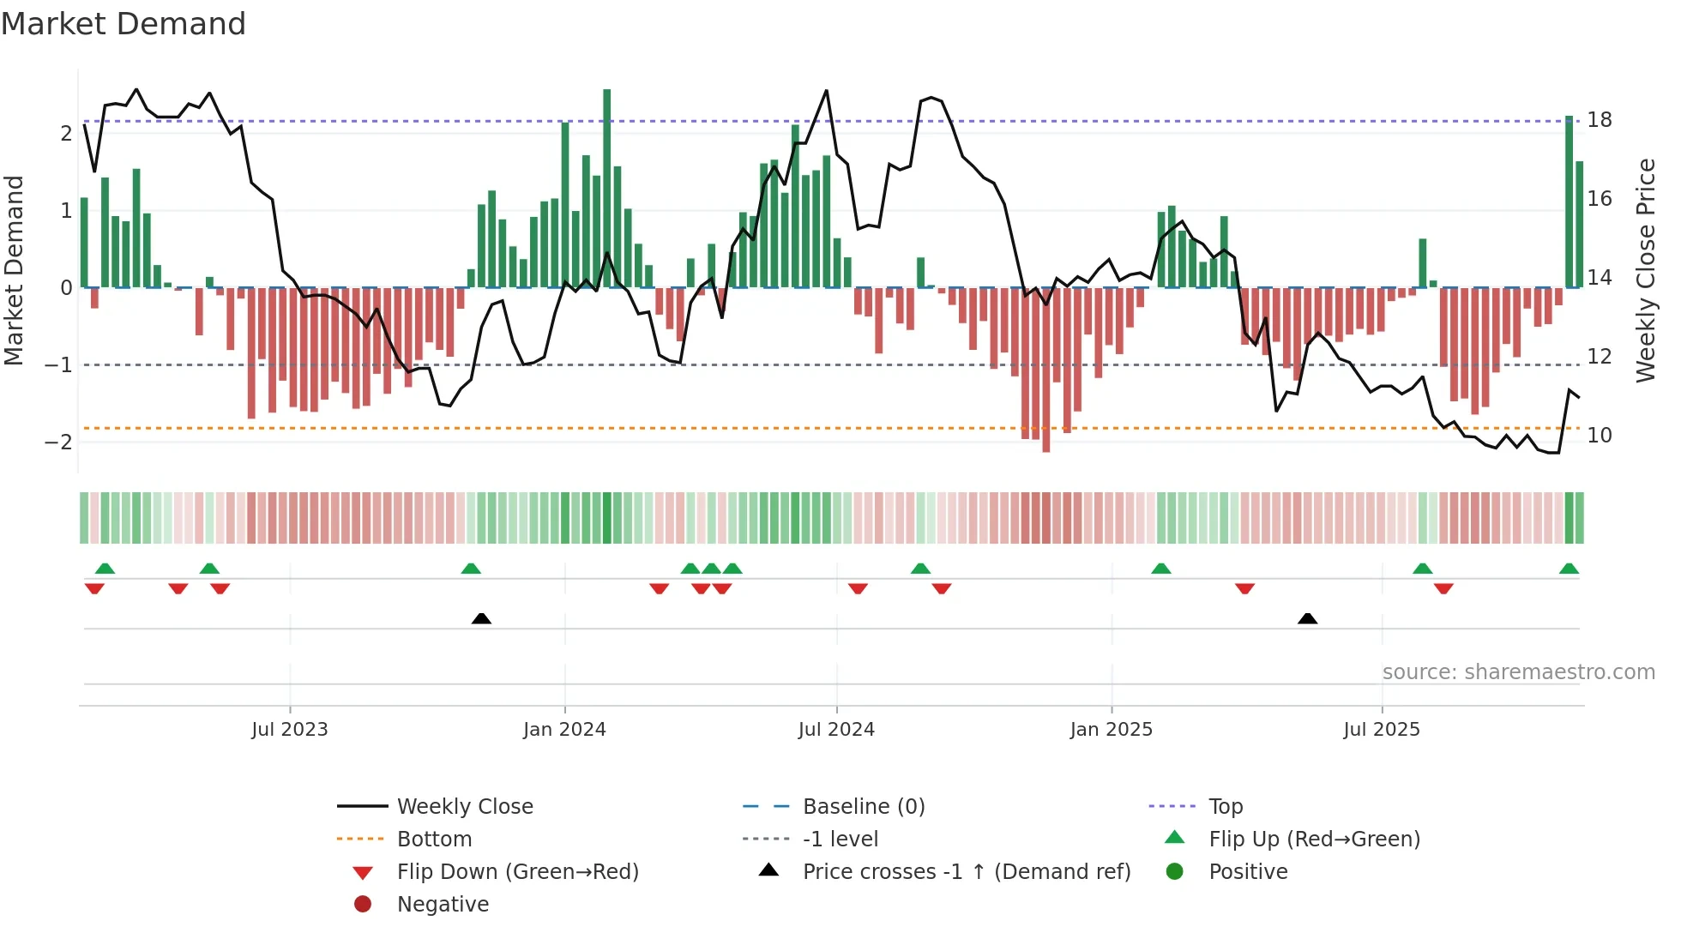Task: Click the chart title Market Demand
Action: [124, 24]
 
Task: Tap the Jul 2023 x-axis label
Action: [289, 730]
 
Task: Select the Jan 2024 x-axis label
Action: [564, 730]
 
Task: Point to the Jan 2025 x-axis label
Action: [1111, 730]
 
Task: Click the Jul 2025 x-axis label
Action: [1381, 730]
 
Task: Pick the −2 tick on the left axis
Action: [58, 442]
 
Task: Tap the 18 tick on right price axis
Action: [1599, 120]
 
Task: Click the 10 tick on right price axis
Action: [1599, 436]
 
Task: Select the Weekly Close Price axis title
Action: [1645, 270]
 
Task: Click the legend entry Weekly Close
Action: [464, 807]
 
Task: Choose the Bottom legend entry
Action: [434, 840]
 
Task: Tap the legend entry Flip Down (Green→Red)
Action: [517, 872]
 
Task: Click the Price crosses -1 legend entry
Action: [966, 872]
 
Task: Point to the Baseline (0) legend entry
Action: [863, 807]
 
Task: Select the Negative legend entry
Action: [443, 905]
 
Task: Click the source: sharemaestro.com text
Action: [1518, 672]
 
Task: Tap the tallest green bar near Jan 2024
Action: [607, 189]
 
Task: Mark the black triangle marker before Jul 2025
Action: [1307, 618]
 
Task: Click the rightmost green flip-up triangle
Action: [1569, 569]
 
